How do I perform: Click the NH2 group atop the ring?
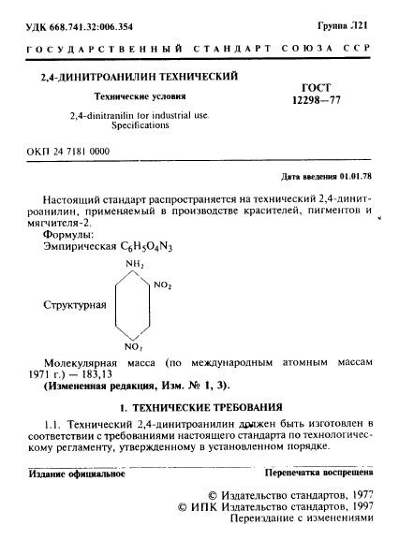(134, 266)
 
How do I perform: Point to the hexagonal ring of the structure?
(134, 306)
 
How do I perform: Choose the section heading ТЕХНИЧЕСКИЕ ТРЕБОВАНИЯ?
(215, 409)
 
